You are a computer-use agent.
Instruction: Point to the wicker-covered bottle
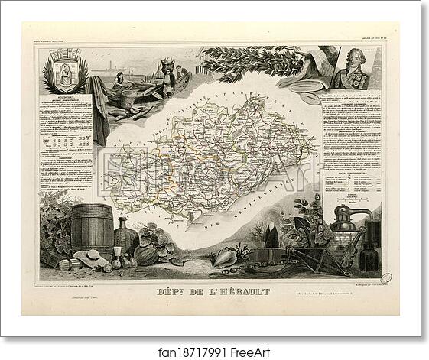(122, 237)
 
